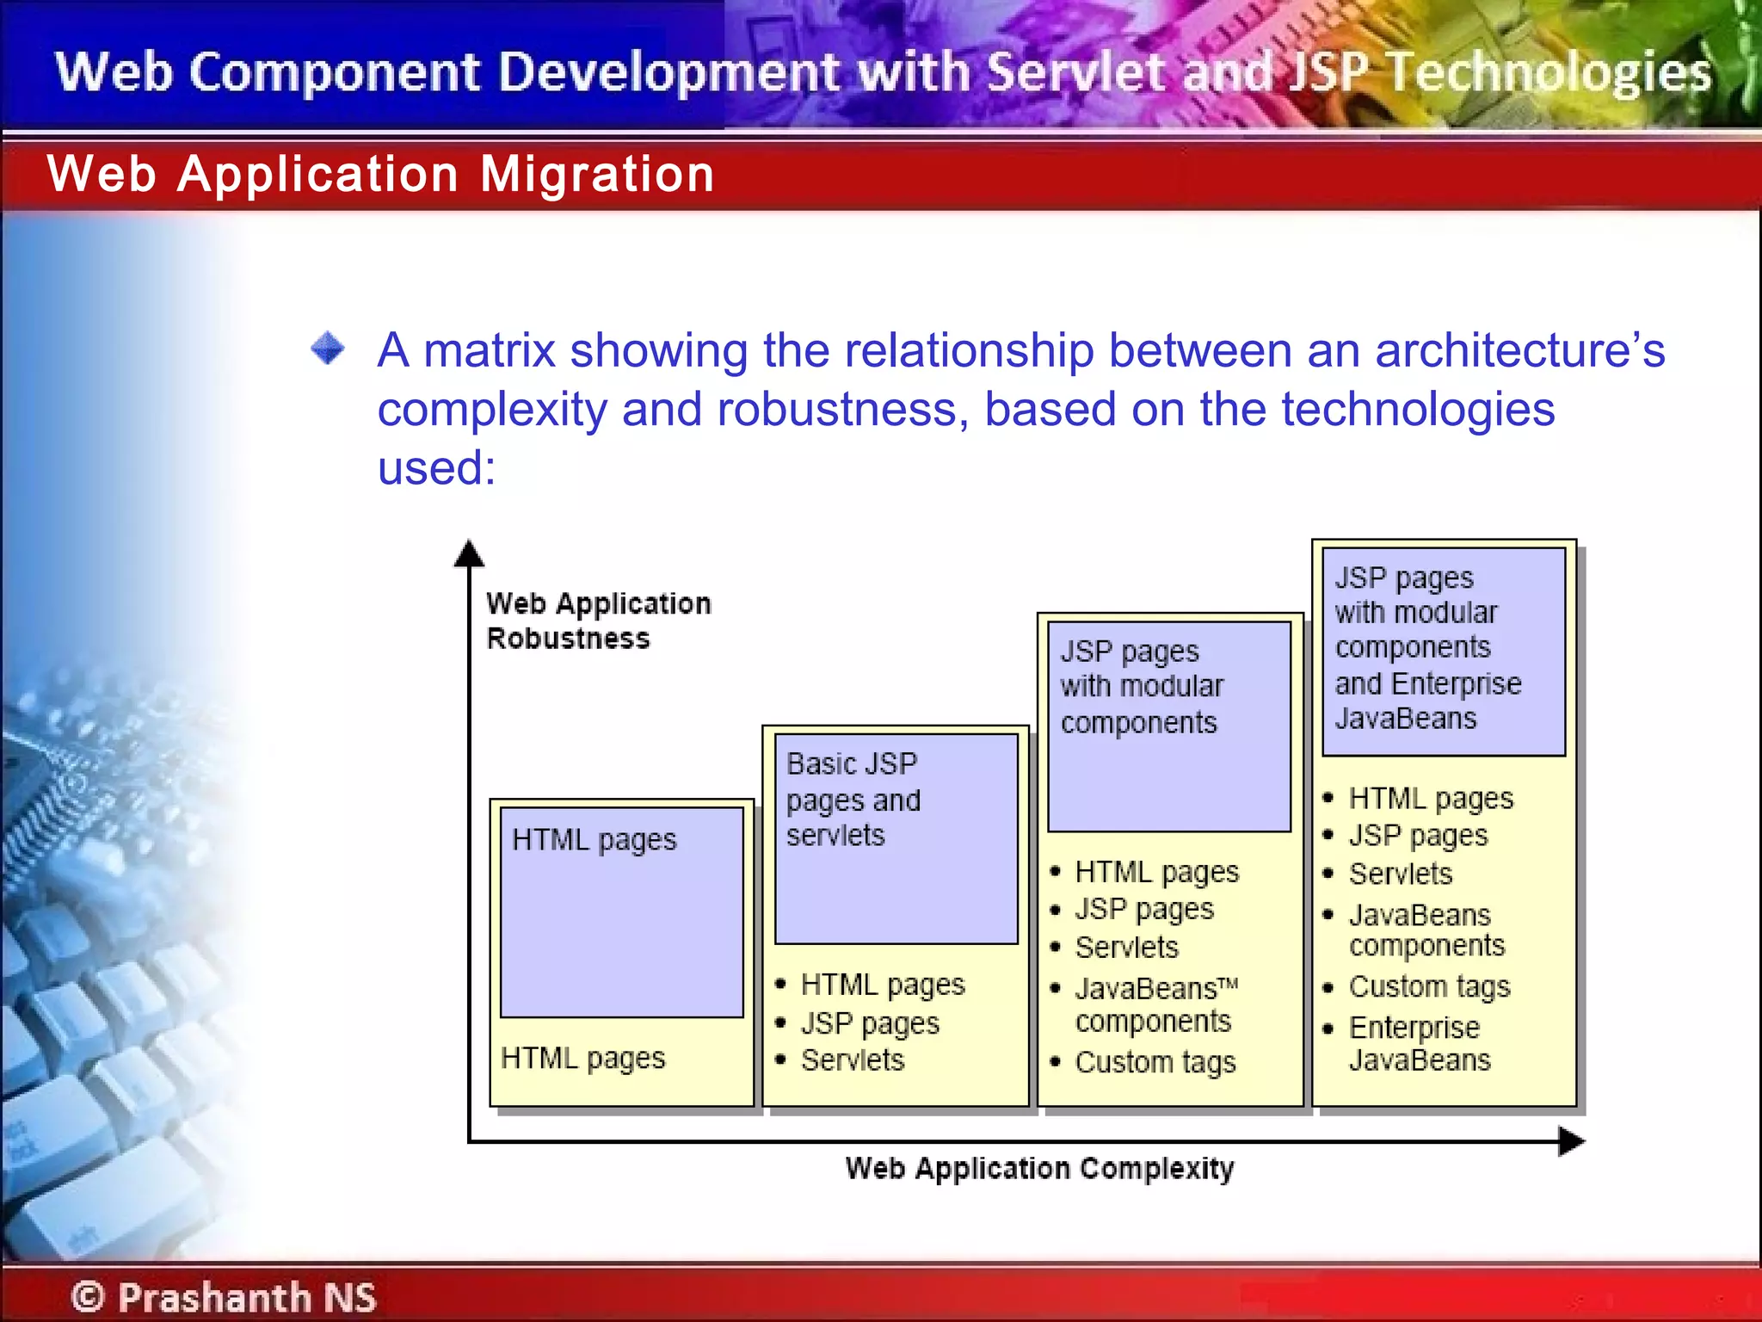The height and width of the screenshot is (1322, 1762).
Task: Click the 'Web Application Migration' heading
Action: point(380,175)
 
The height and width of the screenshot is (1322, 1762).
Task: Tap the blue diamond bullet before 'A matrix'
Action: point(328,349)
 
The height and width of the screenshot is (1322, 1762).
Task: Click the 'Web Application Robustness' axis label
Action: point(597,621)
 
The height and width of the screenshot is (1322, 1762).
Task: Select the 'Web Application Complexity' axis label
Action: point(1038,1169)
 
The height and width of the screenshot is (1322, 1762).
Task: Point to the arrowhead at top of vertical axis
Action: point(469,553)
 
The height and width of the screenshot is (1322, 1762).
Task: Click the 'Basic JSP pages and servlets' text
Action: point(853,800)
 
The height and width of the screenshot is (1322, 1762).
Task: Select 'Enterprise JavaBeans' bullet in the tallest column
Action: point(1419,1043)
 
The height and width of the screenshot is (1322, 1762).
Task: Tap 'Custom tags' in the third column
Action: point(1155,1062)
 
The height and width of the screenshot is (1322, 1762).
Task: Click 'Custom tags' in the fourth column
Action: point(1428,986)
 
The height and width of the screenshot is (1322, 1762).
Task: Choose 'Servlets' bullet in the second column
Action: point(852,1060)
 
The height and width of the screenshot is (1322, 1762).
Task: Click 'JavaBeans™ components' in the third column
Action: point(1155,1004)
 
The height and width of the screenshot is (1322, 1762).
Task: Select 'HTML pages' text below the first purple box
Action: point(582,1058)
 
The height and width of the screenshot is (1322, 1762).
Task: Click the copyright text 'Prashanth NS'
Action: point(246,1297)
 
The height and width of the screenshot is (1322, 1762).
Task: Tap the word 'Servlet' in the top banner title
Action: point(1080,72)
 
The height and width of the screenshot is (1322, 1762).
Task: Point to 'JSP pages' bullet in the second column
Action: point(869,1023)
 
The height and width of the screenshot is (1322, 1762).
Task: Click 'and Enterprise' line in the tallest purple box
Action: point(1427,683)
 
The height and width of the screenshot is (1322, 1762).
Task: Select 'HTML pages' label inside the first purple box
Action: point(594,839)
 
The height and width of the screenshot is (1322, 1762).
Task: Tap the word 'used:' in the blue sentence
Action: point(436,468)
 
